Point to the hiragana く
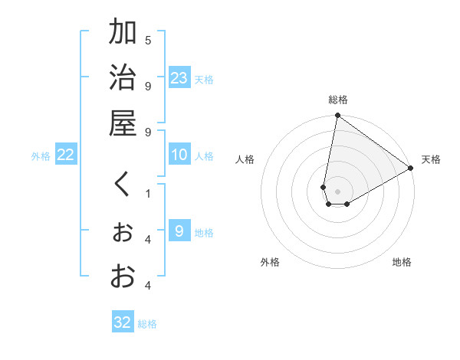(x=122, y=185)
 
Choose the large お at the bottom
(x=122, y=276)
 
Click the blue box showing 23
(x=179, y=78)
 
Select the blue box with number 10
(x=179, y=155)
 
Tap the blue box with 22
(x=65, y=155)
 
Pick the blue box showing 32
(x=123, y=322)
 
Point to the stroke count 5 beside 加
(x=148, y=40)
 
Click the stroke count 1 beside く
(x=148, y=193)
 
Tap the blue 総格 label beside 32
(x=148, y=324)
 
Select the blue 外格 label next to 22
(x=41, y=156)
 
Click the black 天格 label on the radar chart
(x=431, y=159)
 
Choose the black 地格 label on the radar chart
(x=402, y=262)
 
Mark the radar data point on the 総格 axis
(x=337, y=116)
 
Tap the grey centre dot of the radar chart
(x=337, y=191)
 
